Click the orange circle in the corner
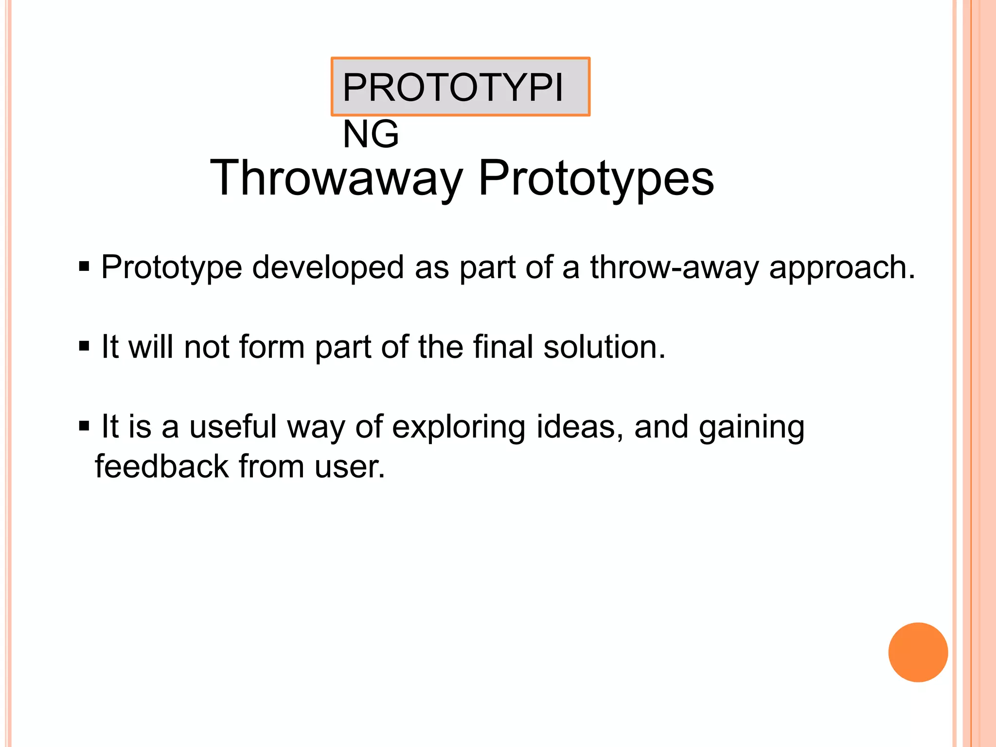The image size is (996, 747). pyautogui.click(x=918, y=652)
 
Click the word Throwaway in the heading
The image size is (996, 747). pyautogui.click(x=336, y=179)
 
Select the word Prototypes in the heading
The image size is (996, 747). pyautogui.click(x=596, y=179)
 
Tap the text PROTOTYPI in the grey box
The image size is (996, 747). pyautogui.click(x=452, y=88)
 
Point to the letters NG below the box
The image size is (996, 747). pyautogui.click(x=371, y=134)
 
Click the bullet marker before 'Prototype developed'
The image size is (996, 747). pyautogui.click(x=84, y=267)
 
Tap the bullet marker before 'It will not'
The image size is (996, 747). pyautogui.click(x=84, y=347)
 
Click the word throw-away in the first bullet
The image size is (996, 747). pyautogui.click(x=674, y=267)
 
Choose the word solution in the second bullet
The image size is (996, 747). pyautogui.click(x=604, y=347)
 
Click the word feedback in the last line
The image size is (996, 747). pyautogui.click(x=161, y=466)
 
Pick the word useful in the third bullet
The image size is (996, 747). pyautogui.click(x=233, y=427)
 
